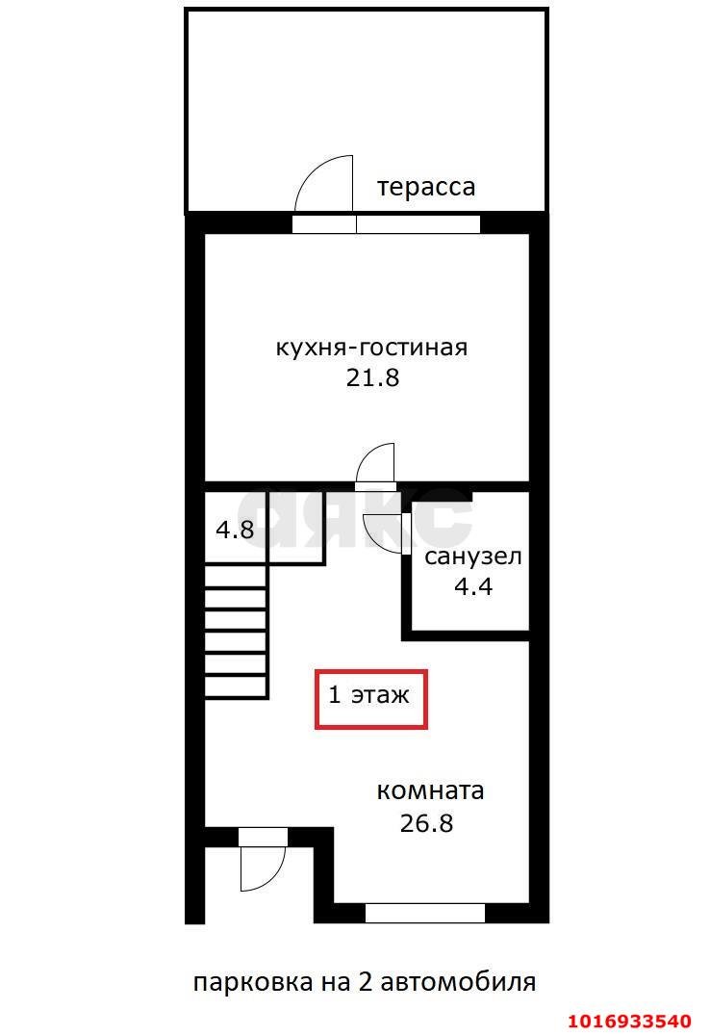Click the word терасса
point(425,186)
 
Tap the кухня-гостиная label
point(371,347)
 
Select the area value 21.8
point(371,377)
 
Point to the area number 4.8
point(234,529)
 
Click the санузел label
point(473,557)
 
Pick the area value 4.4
point(472,585)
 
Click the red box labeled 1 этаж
point(371,697)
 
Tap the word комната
point(430,791)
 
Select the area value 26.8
point(425,823)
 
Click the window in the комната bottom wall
point(424,913)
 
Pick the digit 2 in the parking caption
point(367,982)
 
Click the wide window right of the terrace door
point(418,224)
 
